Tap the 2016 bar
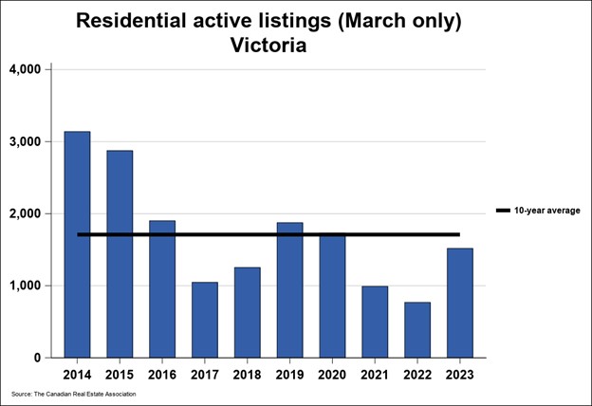tap(162, 289)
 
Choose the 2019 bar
tap(289, 290)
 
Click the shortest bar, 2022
tap(417, 330)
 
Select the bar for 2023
tap(460, 303)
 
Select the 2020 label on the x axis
tap(332, 373)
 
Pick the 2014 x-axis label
tap(77, 373)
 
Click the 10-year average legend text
tap(546, 211)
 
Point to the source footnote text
tap(74, 394)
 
